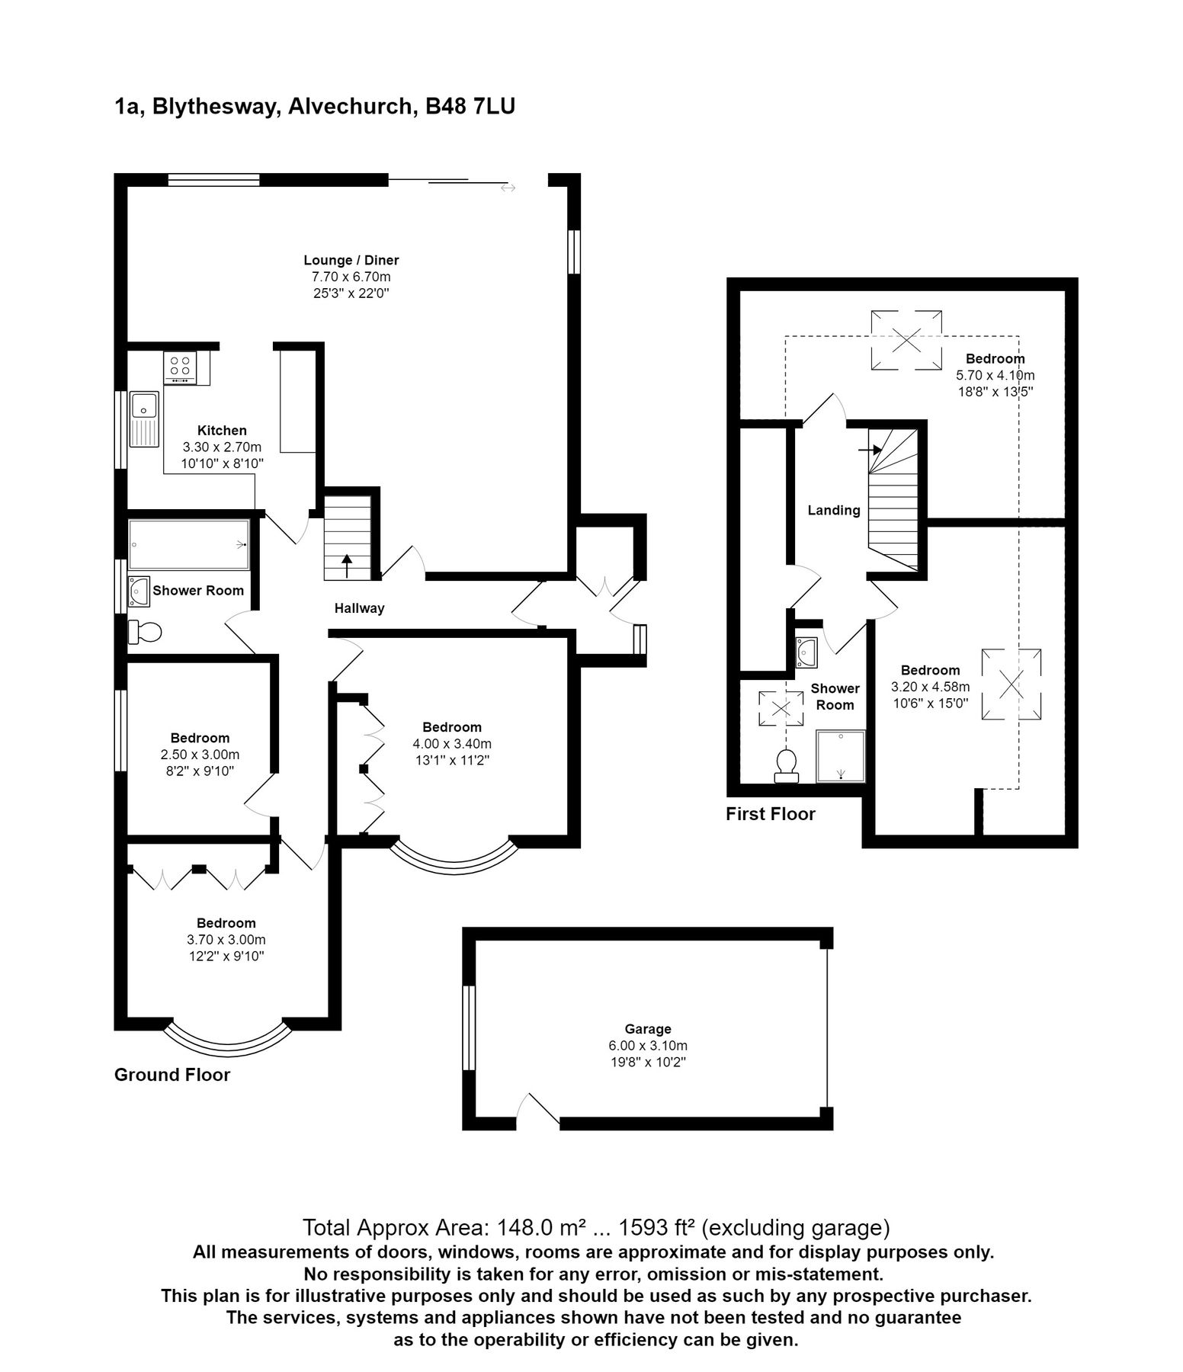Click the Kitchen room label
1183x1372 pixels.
pyautogui.click(x=222, y=431)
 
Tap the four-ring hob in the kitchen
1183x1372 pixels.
pyautogui.click(x=180, y=367)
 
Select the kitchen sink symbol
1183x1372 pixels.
pyautogui.click(x=143, y=418)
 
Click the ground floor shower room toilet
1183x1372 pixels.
pyautogui.click(x=146, y=632)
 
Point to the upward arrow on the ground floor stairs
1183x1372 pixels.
pyautogui.click(x=347, y=566)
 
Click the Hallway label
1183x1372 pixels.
pyautogui.click(x=359, y=608)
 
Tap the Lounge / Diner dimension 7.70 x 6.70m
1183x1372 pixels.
pyautogui.click(x=351, y=277)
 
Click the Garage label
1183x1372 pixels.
pyautogui.click(x=648, y=1029)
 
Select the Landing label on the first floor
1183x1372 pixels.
pyautogui.click(x=833, y=511)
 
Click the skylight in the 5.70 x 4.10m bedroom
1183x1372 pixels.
pyautogui.click(x=906, y=340)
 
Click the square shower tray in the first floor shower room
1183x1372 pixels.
pyautogui.click(x=841, y=756)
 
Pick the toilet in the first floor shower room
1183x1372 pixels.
pyautogui.click(x=786, y=765)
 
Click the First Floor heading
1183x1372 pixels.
pyautogui.click(x=770, y=814)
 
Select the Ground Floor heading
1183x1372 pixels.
pyautogui.click(x=172, y=1075)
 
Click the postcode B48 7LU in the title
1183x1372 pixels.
pyautogui.click(x=470, y=107)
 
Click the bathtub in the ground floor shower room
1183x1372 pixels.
pyautogui.click(x=189, y=544)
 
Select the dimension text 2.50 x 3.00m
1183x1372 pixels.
pyautogui.click(x=200, y=755)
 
